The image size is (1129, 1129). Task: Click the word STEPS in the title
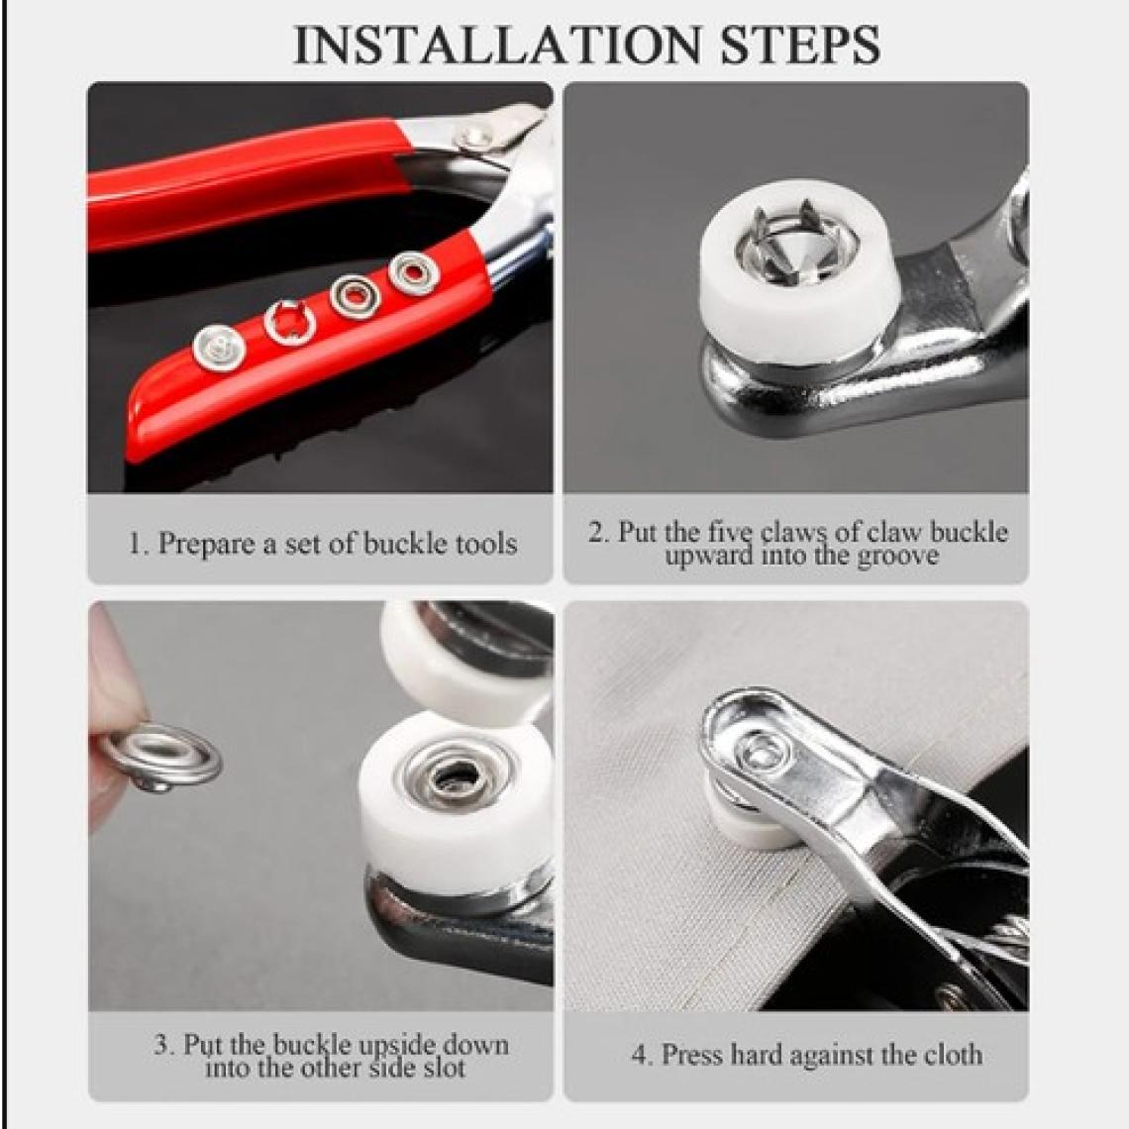click(x=800, y=45)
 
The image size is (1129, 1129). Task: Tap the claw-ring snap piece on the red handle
click(x=289, y=322)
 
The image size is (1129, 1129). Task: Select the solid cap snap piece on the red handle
click(x=219, y=348)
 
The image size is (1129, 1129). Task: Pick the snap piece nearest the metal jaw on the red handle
click(x=413, y=273)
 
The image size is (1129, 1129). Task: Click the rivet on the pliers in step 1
click(x=474, y=136)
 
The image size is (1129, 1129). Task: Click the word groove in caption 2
click(x=898, y=557)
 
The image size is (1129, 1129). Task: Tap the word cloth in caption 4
click(x=952, y=1055)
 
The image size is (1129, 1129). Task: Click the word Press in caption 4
click(x=692, y=1055)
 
